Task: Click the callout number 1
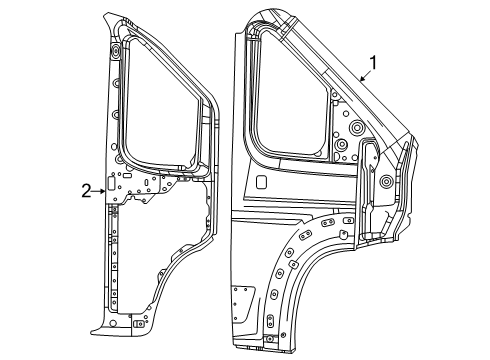coord(374,66)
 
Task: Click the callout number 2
coord(87,190)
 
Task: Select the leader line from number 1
coord(361,76)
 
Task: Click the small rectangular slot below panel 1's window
coord(259,183)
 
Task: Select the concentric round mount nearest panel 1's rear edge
coord(385,182)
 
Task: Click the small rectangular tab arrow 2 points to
coord(112,189)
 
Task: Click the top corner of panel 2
coord(109,14)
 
